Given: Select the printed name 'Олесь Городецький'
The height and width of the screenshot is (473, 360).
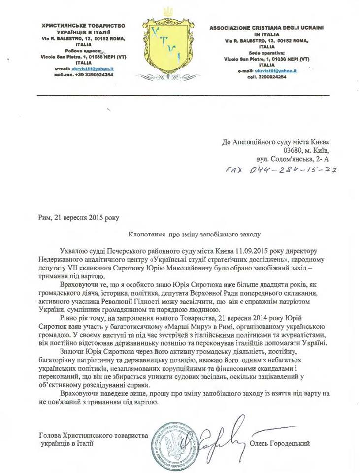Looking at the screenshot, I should (282, 444).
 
